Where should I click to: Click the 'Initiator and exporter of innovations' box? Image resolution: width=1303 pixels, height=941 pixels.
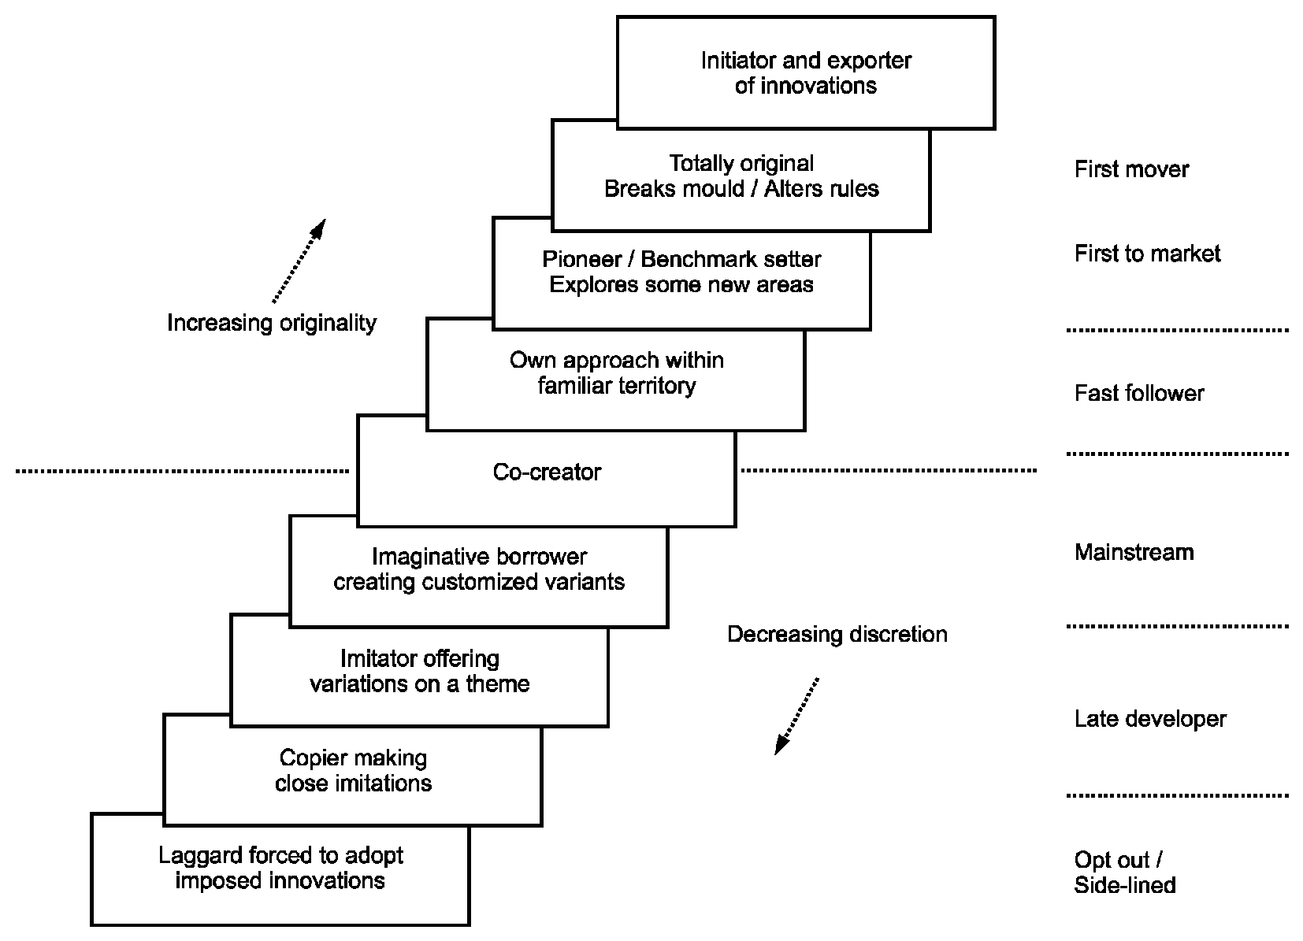tap(806, 72)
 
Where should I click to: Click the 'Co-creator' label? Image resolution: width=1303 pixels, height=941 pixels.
tap(547, 472)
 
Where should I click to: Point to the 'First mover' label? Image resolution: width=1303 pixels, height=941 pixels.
tap(1131, 169)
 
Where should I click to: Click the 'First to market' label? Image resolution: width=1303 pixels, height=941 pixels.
tap(1147, 254)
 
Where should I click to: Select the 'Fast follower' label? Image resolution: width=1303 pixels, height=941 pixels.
tap(1139, 393)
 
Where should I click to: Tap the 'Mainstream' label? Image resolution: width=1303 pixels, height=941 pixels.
tap(1134, 552)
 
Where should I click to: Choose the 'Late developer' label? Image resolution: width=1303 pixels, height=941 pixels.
tap(1150, 719)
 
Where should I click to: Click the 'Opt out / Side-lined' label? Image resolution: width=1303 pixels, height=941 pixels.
tap(1124, 872)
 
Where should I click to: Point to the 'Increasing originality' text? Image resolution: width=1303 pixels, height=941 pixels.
tap(272, 323)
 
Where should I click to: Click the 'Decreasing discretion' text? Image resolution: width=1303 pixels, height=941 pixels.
tap(837, 634)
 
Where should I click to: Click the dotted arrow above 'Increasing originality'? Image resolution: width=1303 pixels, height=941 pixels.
tap(299, 261)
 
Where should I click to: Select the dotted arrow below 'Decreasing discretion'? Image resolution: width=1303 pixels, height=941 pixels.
tap(796, 716)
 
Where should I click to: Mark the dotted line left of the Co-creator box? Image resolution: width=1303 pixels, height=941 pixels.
tap(182, 471)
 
